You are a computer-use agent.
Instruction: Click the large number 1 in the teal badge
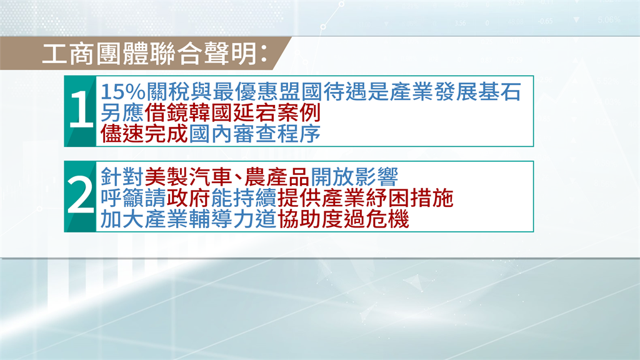click(81, 109)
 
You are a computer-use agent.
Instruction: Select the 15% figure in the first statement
click(123, 91)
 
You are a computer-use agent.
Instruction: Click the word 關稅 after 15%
click(167, 91)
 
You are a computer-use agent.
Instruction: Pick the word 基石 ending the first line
click(499, 91)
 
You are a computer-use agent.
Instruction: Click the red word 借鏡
click(166, 112)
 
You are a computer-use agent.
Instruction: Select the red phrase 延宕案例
click(277, 112)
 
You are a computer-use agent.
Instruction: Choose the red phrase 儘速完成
click(144, 134)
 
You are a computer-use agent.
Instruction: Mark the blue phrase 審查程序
click(277, 134)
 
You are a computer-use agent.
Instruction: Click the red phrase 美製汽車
click(188, 177)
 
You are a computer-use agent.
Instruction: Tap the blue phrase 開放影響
click(354, 177)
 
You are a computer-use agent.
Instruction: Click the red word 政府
click(188, 198)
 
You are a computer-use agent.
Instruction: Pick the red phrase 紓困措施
click(409, 198)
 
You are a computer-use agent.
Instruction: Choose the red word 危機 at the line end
click(387, 219)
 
